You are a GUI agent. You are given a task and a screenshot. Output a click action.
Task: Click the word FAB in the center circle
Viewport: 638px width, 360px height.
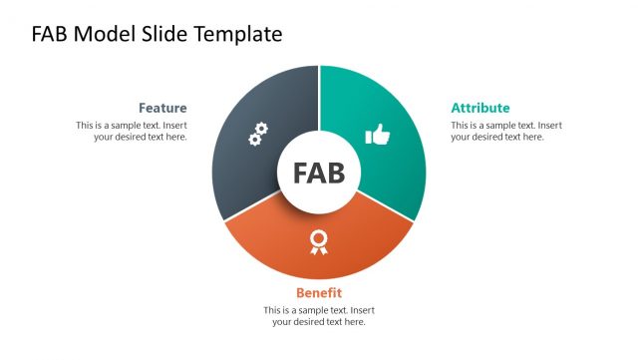coord(319,173)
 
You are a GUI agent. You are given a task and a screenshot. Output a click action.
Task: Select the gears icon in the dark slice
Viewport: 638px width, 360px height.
coord(257,135)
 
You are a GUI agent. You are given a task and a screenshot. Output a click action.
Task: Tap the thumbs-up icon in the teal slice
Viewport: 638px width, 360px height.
coord(378,135)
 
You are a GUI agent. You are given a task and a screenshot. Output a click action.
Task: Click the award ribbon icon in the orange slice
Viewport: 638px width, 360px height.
coord(318,241)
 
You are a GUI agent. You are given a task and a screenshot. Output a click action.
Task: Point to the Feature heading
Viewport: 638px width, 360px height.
coord(162,108)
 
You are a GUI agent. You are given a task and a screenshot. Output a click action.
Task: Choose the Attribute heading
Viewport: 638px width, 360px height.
coord(480,108)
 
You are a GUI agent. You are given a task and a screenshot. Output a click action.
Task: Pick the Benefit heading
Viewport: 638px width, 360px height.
coord(319,292)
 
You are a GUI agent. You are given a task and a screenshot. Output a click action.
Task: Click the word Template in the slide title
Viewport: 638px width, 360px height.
coord(237,34)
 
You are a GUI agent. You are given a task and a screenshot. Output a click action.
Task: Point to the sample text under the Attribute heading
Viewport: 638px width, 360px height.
coord(505,131)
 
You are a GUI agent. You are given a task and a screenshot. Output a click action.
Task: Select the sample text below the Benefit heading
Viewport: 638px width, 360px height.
coord(319,315)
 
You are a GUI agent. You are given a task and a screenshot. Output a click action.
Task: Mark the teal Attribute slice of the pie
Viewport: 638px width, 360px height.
coord(384,110)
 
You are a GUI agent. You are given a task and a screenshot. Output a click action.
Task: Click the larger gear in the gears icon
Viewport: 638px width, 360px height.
coord(261,130)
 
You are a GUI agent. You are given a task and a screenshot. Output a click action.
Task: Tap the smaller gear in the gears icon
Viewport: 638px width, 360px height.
coord(253,141)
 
